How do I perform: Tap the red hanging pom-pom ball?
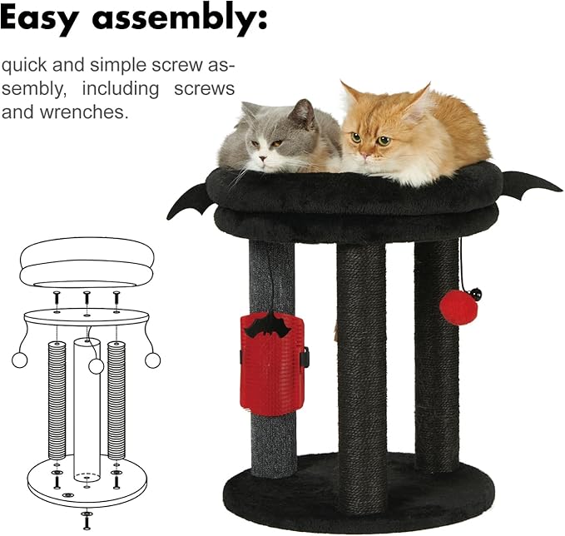pos(458,308)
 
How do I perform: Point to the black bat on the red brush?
pos(266,325)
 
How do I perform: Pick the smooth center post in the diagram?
pos(86,408)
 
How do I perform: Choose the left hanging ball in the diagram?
pos(19,360)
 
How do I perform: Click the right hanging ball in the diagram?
pos(152,360)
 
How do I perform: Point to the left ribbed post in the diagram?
pos(57,400)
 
